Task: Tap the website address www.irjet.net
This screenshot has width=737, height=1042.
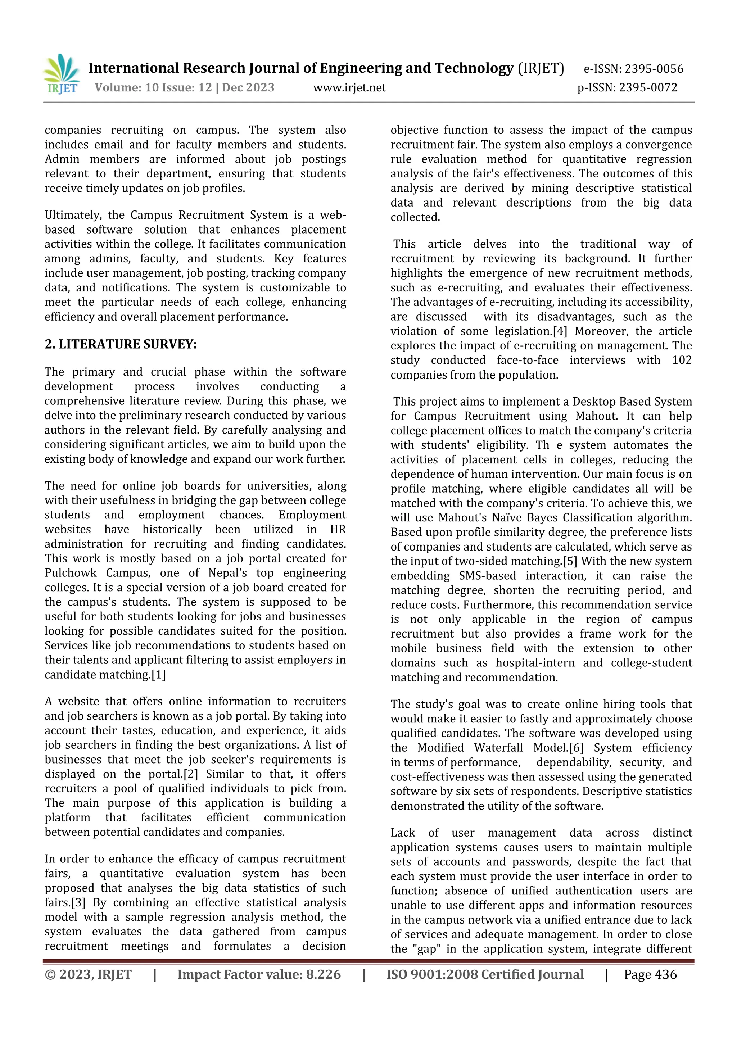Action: [349, 87]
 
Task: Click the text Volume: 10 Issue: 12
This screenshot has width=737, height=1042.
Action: [153, 87]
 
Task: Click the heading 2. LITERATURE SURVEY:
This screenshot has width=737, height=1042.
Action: [121, 344]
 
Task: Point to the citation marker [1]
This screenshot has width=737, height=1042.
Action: [158, 675]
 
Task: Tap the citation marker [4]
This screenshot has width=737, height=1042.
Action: [560, 331]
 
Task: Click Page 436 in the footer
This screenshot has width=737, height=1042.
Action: [650, 974]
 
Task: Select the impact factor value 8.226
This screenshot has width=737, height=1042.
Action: [323, 974]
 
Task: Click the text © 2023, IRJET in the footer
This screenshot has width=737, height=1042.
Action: [88, 974]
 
